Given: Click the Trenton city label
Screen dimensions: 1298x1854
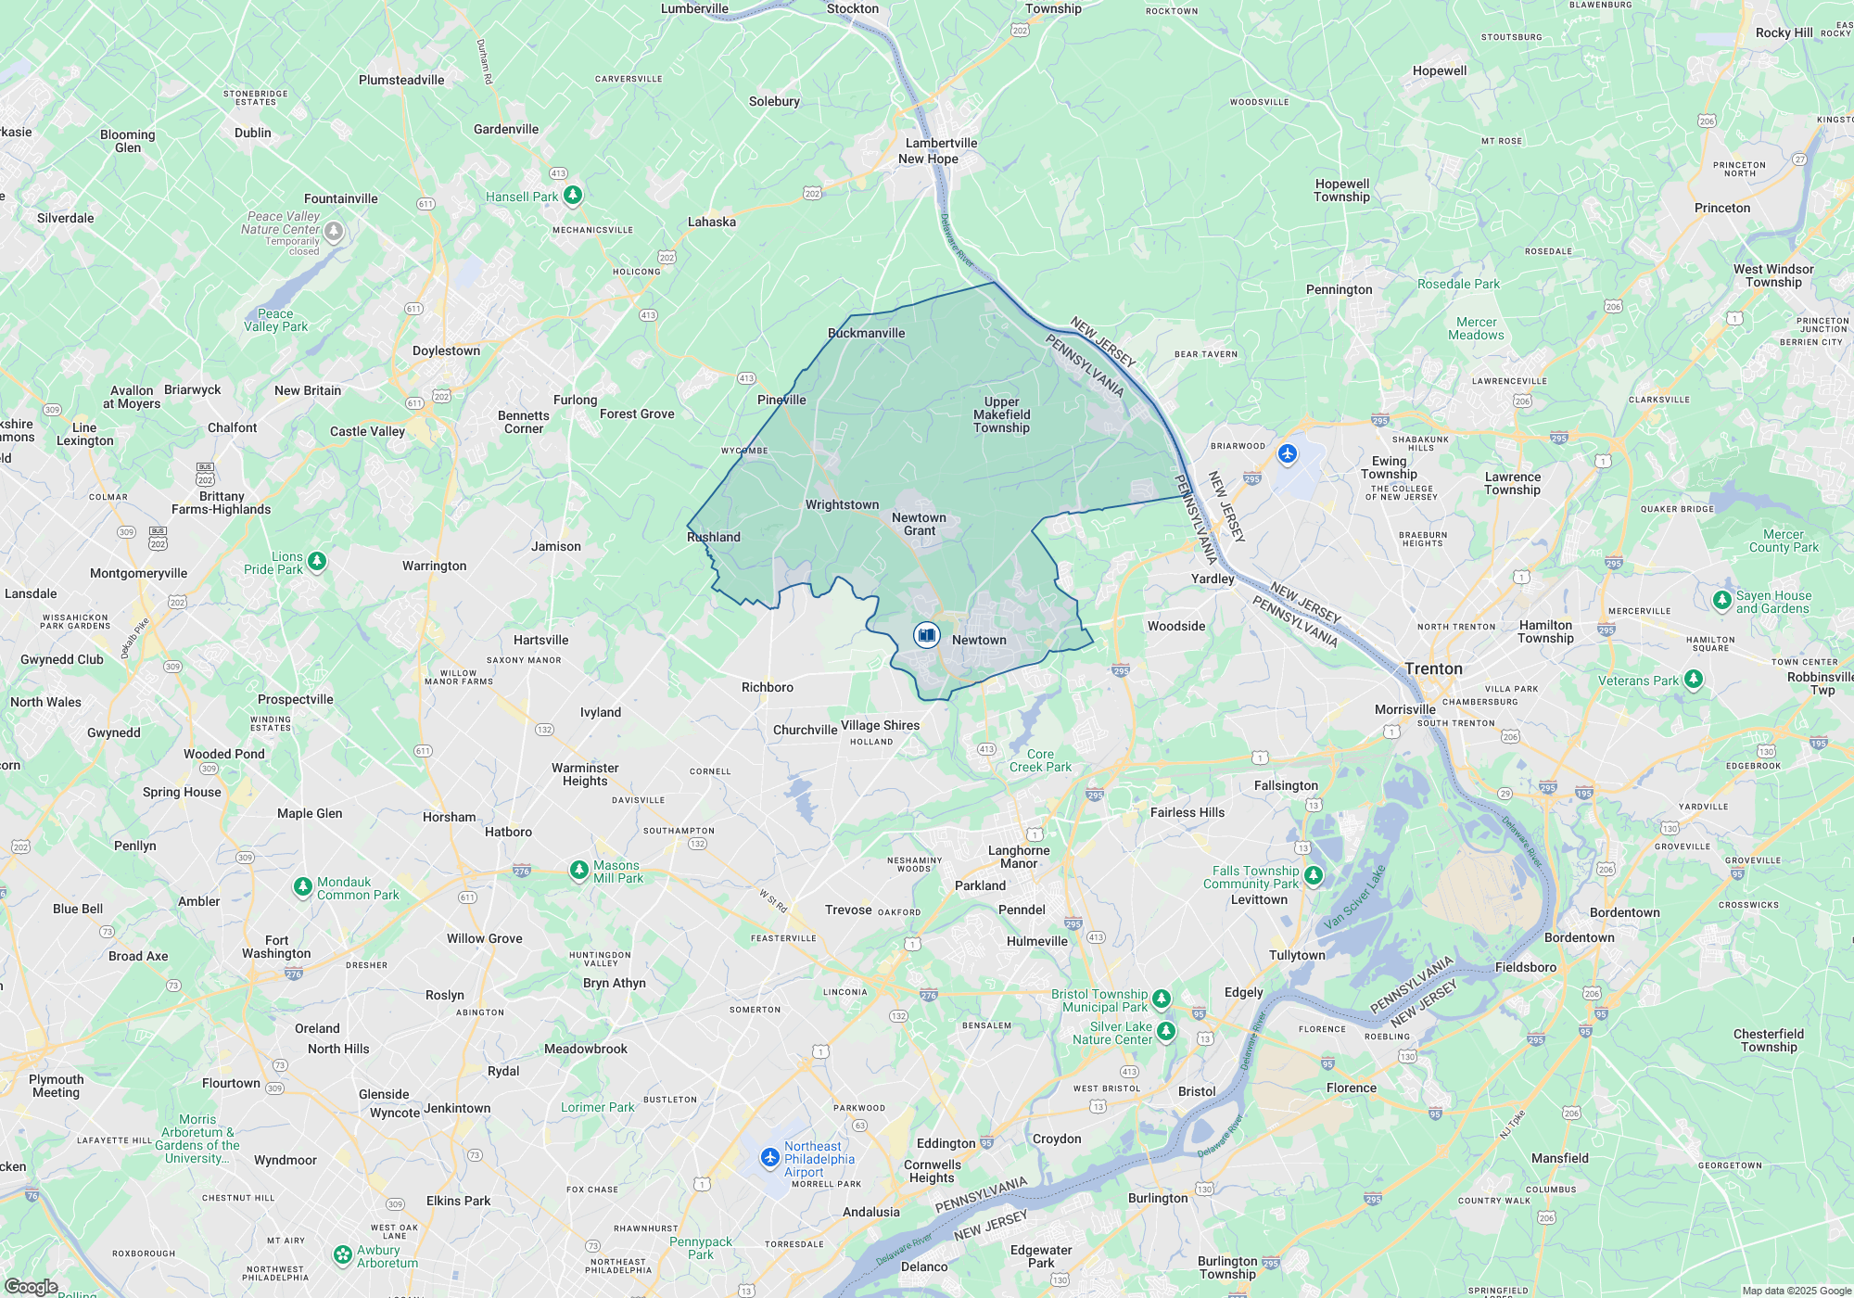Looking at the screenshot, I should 1433,668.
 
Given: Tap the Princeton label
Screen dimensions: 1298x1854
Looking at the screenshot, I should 1722,208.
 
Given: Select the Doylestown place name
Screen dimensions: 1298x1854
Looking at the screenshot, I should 446,350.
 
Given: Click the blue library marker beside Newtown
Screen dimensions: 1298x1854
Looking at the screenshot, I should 926,635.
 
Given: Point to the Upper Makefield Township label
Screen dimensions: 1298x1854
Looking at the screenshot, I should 1001,414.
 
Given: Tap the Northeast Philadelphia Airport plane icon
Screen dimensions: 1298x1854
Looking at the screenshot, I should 769,1157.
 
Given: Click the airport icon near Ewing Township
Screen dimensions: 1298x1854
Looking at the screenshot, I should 1287,453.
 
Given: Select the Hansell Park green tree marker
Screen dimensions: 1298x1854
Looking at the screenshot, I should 573,195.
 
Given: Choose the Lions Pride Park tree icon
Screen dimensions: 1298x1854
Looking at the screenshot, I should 316,561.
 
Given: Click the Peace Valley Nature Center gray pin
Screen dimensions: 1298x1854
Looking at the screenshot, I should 334,230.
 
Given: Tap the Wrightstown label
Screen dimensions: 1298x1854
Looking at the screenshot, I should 842,504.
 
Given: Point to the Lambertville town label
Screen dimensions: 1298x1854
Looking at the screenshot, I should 941,143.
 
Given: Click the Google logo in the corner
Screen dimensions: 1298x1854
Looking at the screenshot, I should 31,1287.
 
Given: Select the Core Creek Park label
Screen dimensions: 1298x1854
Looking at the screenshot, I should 1040,760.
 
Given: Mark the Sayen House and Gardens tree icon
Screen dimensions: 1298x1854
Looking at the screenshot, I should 1721,600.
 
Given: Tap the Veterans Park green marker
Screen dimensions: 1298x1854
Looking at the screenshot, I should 1693,679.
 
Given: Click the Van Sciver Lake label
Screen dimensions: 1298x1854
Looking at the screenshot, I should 1354,897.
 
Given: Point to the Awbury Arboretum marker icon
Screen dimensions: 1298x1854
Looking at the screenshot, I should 343,1254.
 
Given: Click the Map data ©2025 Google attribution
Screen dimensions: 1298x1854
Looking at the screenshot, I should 1796,1291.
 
